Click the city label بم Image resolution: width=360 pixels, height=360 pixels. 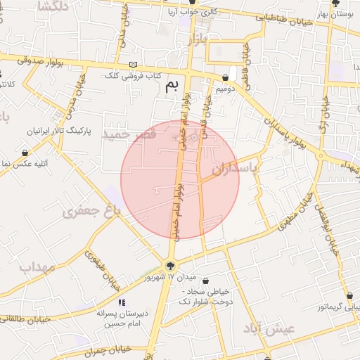point(172,86)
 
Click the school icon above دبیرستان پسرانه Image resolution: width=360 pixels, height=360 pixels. point(122,302)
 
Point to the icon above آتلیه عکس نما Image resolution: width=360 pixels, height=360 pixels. point(25,153)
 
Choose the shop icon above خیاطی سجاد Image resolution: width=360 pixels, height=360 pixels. point(205,281)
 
